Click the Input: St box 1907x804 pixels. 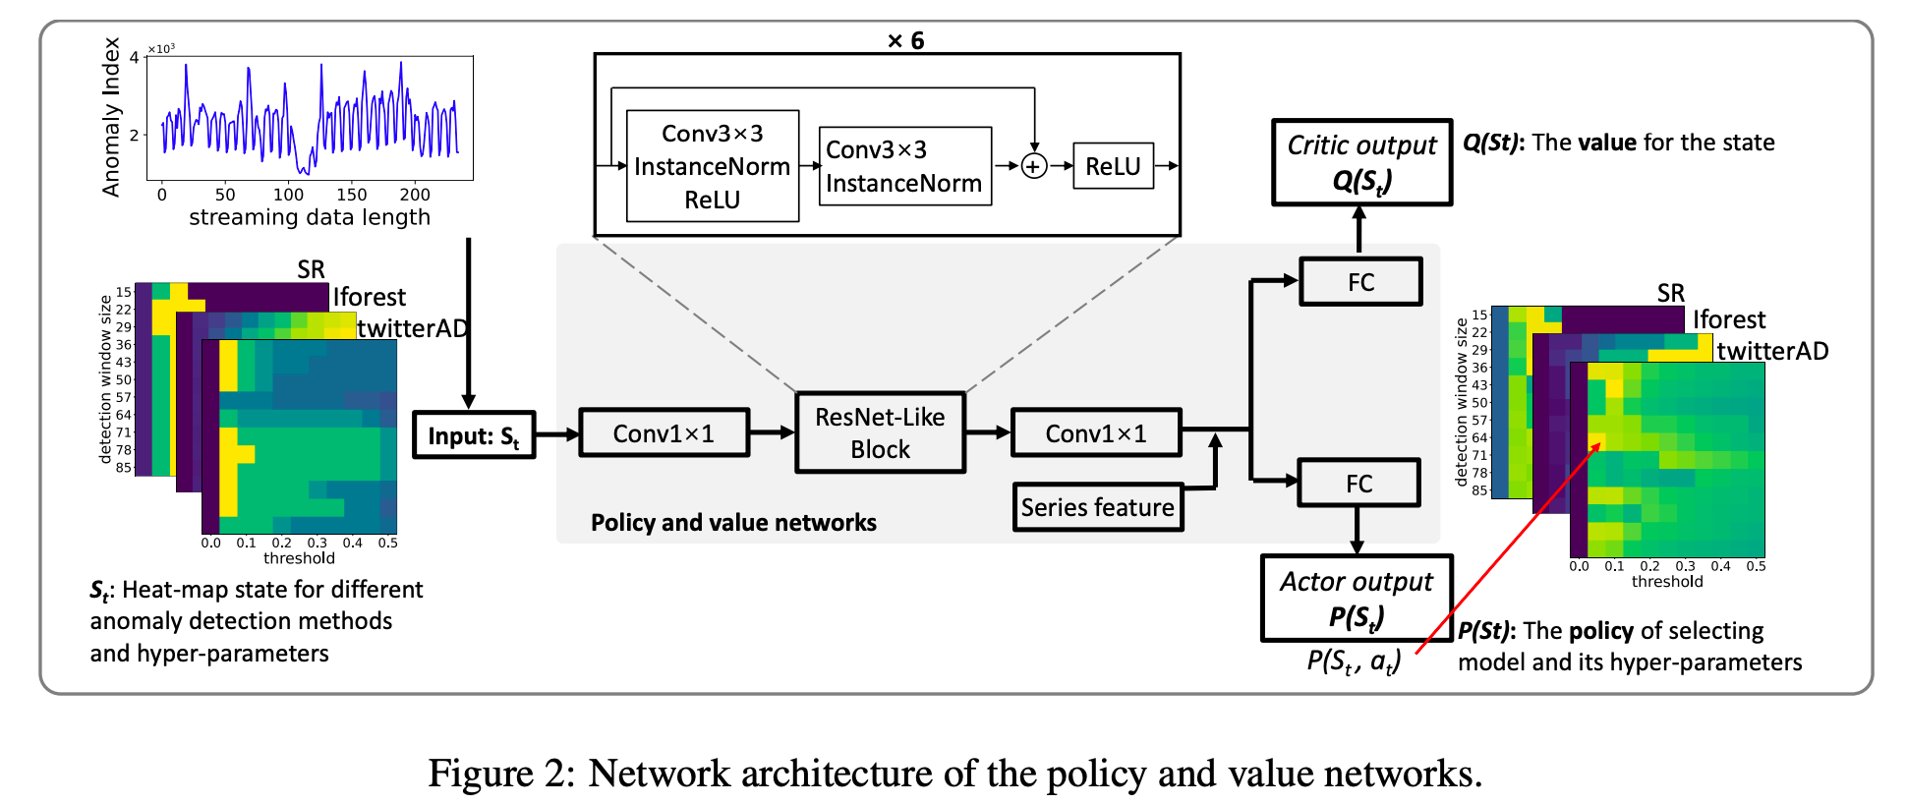point(473,435)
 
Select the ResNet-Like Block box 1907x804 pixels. point(880,432)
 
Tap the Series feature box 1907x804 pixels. point(1097,507)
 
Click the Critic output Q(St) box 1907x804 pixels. point(1361,162)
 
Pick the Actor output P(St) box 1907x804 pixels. point(1356,598)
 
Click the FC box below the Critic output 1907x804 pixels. point(1360,282)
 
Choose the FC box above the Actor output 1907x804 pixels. point(1358,483)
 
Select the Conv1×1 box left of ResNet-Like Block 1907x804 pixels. point(664,433)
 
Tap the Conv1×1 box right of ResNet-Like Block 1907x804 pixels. point(1095,433)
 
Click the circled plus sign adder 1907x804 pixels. point(1033,166)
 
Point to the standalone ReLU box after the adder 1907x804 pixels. point(1113,166)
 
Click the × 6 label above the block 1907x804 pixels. point(905,40)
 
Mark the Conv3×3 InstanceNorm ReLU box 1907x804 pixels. point(712,166)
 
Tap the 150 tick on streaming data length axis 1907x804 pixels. point(351,195)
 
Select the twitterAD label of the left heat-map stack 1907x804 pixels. point(412,328)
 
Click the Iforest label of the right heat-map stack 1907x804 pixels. point(1729,319)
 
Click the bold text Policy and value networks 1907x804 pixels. point(733,522)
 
